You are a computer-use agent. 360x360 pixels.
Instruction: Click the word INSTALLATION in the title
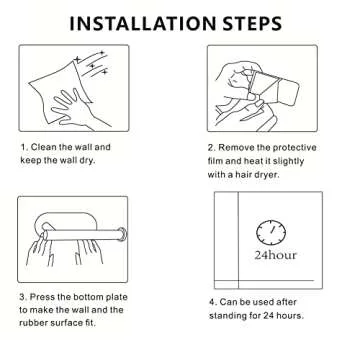coord(143,23)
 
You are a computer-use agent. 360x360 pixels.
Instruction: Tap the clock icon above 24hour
coord(271,232)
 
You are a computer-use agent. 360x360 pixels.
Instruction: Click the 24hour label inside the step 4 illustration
coord(275,255)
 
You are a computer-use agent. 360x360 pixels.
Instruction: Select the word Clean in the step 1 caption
coord(44,147)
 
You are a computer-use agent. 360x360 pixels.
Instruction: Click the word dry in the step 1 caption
coord(88,160)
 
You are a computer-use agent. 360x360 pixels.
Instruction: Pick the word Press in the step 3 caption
coord(42,297)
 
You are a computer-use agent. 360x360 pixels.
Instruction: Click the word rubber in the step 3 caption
coord(32,323)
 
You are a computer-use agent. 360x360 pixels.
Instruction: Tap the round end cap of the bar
coord(122,233)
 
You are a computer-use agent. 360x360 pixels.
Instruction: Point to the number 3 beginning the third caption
coord(22,297)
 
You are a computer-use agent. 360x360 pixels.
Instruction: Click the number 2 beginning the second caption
coord(211,148)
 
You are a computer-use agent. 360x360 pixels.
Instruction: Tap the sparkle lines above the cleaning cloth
coord(92,63)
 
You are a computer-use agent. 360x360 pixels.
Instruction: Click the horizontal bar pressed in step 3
coord(82,235)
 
